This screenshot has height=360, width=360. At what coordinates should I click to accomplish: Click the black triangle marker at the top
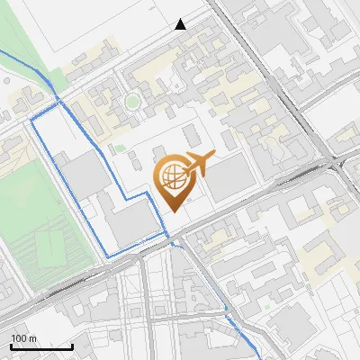181,24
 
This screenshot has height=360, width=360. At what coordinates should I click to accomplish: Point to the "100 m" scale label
23,338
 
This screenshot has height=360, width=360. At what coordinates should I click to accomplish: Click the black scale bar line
41,346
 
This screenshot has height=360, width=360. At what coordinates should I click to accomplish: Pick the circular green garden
133,101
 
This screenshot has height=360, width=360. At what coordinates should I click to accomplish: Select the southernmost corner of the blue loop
108,257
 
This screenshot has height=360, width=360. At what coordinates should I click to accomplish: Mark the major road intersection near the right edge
337,162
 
